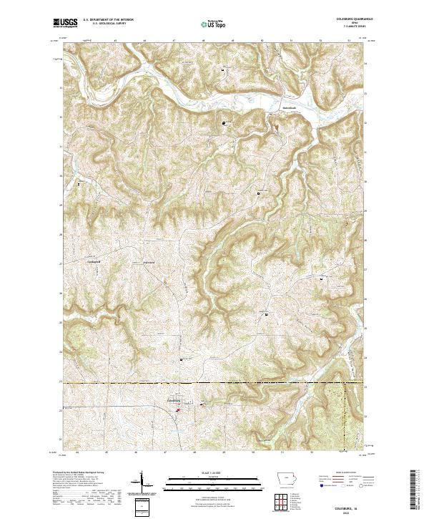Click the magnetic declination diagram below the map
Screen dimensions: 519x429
142,482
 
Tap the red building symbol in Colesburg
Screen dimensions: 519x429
177,410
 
